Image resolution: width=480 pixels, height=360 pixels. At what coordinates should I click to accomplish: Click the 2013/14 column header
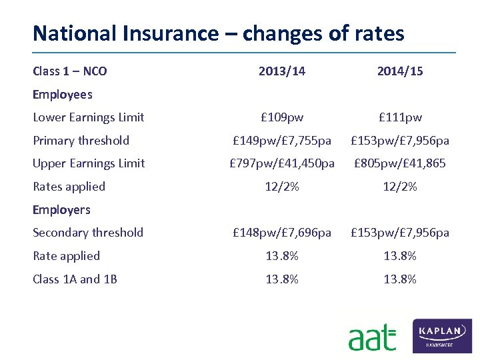(282, 71)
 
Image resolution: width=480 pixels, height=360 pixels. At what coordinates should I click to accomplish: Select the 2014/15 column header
(400, 71)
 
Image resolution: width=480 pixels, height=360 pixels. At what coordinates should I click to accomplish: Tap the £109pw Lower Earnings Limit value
(282, 117)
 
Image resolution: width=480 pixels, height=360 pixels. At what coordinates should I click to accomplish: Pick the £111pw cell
(400, 117)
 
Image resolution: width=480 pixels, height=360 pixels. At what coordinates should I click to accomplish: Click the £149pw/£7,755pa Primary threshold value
(282, 141)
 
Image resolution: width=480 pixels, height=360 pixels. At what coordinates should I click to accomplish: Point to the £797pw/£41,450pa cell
(282, 163)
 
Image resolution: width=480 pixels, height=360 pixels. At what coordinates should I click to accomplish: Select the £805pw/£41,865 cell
(400, 163)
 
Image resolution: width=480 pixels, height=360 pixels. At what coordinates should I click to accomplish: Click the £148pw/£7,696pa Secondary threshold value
(282, 233)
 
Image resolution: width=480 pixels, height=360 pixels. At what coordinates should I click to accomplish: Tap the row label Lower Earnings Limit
(89, 117)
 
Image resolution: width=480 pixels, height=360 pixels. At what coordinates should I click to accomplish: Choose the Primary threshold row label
(81, 141)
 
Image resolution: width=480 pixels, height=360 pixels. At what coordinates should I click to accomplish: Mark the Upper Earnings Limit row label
(89, 163)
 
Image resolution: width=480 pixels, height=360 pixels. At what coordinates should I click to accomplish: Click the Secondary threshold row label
(88, 233)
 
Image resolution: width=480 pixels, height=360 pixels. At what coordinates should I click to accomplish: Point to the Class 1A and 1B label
(75, 279)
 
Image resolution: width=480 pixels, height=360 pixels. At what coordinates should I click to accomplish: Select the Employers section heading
(61, 210)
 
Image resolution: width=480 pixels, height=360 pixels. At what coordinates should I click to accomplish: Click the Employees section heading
(63, 95)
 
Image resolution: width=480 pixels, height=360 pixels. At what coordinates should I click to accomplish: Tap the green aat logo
(371, 338)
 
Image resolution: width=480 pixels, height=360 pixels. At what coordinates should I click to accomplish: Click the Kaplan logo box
(442, 335)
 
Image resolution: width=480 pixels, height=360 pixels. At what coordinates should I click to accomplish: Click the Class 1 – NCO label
(70, 71)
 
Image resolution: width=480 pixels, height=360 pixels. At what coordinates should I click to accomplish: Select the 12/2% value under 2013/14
(282, 187)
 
